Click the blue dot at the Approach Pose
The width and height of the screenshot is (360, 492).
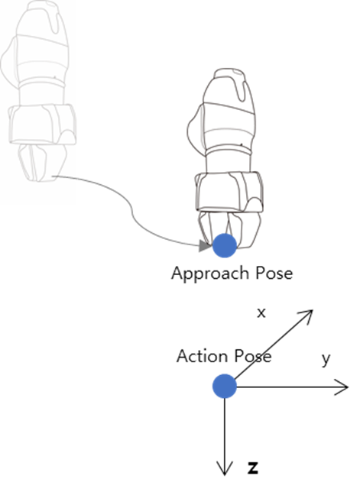point(225,246)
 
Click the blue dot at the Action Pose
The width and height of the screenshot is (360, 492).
point(225,386)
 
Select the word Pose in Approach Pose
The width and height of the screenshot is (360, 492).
point(274,273)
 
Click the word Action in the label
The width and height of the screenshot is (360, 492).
point(202,356)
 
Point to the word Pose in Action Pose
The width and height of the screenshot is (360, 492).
point(253,357)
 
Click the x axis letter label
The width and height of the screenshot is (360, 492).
point(261,313)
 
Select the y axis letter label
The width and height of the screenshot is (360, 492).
point(326,359)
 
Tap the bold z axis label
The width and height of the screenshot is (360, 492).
point(253,468)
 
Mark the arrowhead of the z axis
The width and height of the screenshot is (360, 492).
point(225,469)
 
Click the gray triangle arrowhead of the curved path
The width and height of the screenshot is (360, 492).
point(205,246)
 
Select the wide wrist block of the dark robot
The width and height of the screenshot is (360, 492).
point(229,192)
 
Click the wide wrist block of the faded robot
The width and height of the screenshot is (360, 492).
point(42,125)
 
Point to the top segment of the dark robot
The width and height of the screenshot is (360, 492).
point(229,87)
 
